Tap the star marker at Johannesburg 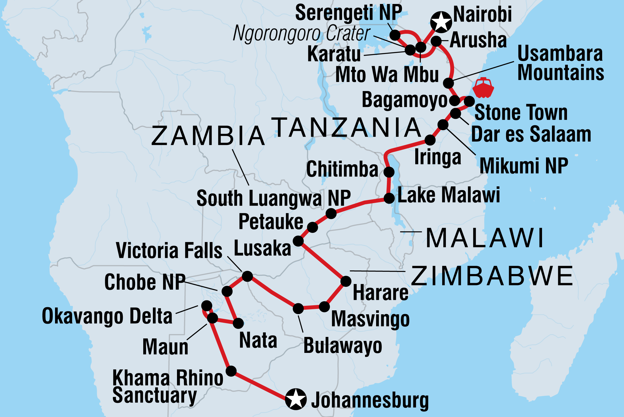tap(296, 399)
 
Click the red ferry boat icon tap(483, 88)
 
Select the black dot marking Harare tap(346, 281)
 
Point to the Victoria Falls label tap(169, 250)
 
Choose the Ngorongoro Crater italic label tap(301, 33)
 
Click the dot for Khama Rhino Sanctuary tap(231, 371)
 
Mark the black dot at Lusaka tap(298, 241)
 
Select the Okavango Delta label tap(107, 316)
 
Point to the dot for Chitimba tap(389, 172)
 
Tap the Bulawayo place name tap(343, 346)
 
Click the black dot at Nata tap(238, 323)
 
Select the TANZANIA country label tap(347, 127)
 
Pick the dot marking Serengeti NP tap(395, 35)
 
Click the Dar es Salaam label tap(531, 134)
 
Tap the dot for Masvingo tap(324, 306)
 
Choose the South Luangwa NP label tap(274, 198)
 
